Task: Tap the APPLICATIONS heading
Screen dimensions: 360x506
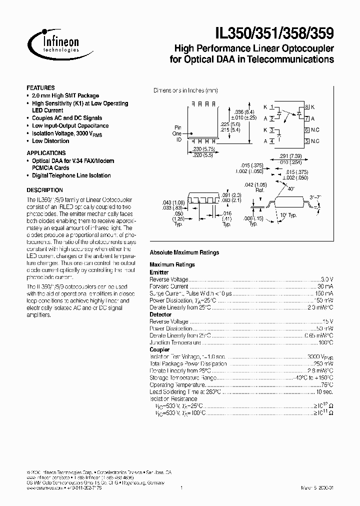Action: point(46,153)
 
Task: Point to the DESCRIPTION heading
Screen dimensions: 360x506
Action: point(44,190)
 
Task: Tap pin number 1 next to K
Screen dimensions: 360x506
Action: point(271,107)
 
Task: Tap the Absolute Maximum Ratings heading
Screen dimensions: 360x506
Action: point(184,252)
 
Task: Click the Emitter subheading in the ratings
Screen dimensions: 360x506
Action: point(159,272)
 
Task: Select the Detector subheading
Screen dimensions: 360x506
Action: point(160,314)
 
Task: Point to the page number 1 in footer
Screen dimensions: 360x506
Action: point(180,487)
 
